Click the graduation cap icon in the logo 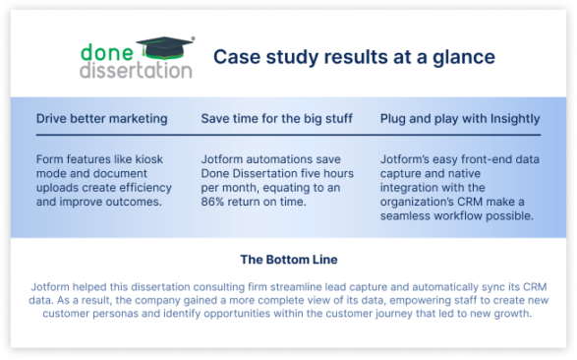pos(166,46)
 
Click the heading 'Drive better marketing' pos(101,119)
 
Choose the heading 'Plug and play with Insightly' pos(460,119)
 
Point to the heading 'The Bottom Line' pos(288,261)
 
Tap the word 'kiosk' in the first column pos(142,157)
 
